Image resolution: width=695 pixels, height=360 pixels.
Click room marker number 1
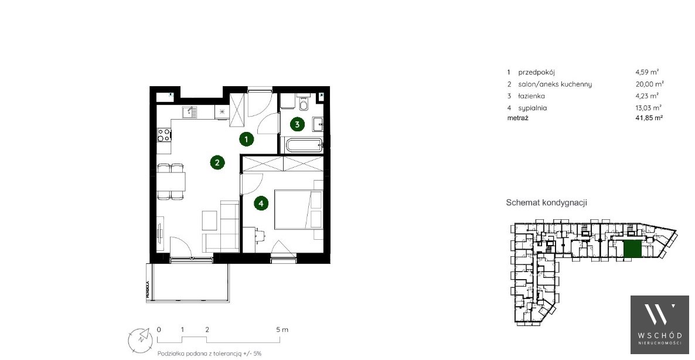[247, 139]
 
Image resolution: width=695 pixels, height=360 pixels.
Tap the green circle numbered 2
[217, 162]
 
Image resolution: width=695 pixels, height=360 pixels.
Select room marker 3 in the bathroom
[297, 124]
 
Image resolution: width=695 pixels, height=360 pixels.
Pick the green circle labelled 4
[261, 203]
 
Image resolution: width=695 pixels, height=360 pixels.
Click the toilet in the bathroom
[303, 104]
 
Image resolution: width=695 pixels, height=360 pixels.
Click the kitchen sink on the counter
[190, 111]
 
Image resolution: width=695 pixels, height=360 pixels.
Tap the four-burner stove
[165, 135]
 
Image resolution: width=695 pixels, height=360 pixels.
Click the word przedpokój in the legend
[536, 72]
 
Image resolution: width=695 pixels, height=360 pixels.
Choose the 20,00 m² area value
[645, 84]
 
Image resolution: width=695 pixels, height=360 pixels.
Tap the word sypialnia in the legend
[533, 108]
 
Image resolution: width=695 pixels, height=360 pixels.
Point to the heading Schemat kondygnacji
[546, 203]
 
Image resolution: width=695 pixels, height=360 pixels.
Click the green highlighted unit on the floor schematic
[632, 250]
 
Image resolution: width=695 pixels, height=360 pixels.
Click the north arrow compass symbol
[141, 338]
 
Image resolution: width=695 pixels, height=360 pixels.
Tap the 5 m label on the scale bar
[281, 330]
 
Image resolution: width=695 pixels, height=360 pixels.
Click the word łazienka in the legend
[532, 96]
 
